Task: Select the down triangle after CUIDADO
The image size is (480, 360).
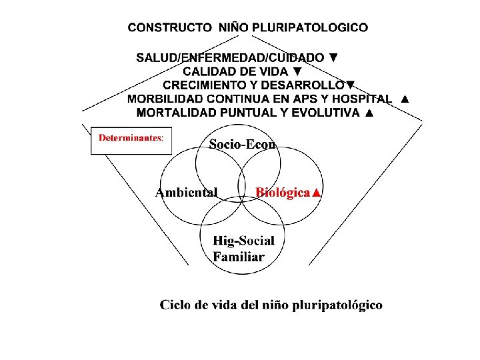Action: [x=333, y=58]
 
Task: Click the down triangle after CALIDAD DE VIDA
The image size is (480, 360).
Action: [x=298, y=71]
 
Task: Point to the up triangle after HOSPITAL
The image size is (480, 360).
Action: [x=404, y=99]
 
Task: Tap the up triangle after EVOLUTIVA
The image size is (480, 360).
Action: [x=370, y=113]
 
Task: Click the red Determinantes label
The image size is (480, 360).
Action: [x=131, y=138]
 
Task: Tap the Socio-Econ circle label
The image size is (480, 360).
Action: [x=243, y=143]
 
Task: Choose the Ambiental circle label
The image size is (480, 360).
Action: [x=187, y=193]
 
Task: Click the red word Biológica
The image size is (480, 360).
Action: [x=283, y=193]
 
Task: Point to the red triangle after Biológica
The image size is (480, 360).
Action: [x=317, y=193]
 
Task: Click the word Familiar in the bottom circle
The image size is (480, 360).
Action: [x=239, y=256]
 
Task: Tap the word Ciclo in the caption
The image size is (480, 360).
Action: [x=175, y=305]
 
